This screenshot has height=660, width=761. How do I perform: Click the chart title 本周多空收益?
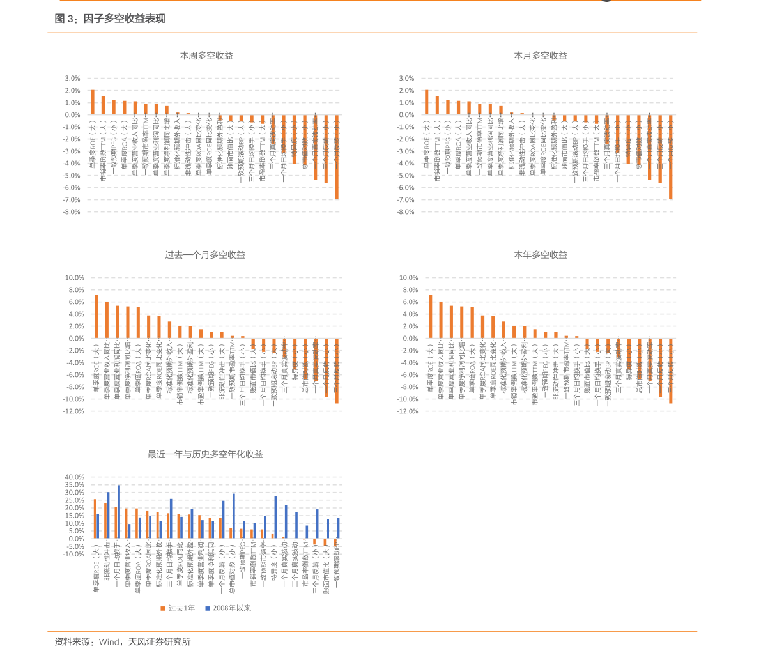point(206,56)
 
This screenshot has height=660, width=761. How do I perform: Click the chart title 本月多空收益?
point(541,56)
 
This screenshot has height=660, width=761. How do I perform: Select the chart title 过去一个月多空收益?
point(205,255)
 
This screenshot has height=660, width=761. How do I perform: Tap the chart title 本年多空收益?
point(541,255)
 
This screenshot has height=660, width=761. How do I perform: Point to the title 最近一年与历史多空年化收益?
point(205,454)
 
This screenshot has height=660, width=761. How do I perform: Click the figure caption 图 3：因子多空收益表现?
point(110,19)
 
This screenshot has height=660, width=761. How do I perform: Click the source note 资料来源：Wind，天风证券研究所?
point(123,641)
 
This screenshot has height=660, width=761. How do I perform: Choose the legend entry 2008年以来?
point(228,608)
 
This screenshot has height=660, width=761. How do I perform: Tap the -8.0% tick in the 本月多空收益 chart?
point(406,212)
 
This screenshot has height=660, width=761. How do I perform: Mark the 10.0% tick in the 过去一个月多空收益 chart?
point(73,278)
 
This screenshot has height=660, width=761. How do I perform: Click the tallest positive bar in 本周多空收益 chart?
point(93,102)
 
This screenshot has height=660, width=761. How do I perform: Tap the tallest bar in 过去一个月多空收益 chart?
point(96,316)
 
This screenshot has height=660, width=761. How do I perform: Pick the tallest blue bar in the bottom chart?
point(119,511)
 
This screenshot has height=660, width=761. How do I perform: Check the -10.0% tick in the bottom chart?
point(73,554)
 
